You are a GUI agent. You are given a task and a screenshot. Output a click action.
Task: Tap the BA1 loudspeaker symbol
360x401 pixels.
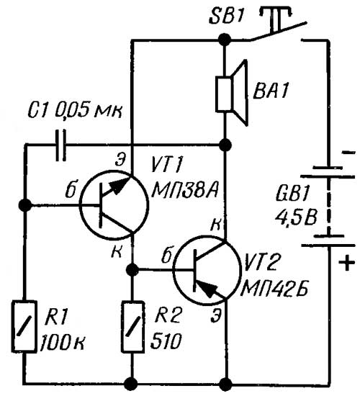[x=232, y=93]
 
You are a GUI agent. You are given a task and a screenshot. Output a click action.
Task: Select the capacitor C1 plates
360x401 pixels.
[x=61, y=145]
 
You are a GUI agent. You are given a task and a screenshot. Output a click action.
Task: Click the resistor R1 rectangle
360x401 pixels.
[x=24, y=327]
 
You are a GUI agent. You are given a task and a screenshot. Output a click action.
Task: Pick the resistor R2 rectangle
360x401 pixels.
[x=132, y=327]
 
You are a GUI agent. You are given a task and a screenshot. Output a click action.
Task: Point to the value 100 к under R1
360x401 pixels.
[x=63, y=343]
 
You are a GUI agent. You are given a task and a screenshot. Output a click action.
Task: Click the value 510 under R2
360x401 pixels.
[x=166, y=341]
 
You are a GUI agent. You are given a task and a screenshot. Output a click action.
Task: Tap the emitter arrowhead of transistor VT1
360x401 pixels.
[x=120, y=186]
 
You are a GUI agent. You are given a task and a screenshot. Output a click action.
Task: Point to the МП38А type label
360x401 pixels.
[x=184, y=191]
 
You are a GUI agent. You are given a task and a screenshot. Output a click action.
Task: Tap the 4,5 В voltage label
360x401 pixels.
[x=296, y=218]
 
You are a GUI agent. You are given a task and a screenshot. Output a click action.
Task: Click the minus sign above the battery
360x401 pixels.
[x=348, y=153]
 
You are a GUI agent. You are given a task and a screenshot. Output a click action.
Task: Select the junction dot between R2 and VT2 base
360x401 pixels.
[x=132, y=269]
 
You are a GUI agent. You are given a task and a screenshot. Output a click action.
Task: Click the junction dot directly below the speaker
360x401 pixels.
[x=226, y=145]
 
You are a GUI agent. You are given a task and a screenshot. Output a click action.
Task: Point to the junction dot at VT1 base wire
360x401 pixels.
[x=25, y=205]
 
